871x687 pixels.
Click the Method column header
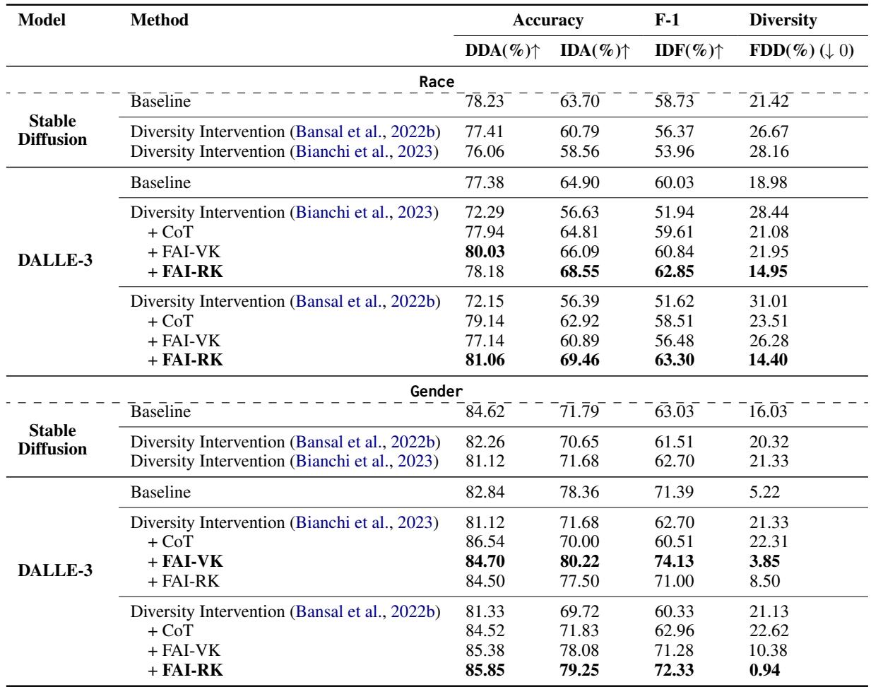click(x=160, y=20)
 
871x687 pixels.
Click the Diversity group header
click(x=783, y=20)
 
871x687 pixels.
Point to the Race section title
click(x=436, y=81)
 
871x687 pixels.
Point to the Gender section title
click(x=436, y=390)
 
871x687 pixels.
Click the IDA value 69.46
click(x=578, y=360)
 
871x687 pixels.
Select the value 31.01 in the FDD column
click(x=768, y=303)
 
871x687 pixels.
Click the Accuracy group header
click(x=547, y=20)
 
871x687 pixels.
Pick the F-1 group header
click(x=668, y=20)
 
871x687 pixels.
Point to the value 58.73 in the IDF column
click(x=675, y=101)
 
